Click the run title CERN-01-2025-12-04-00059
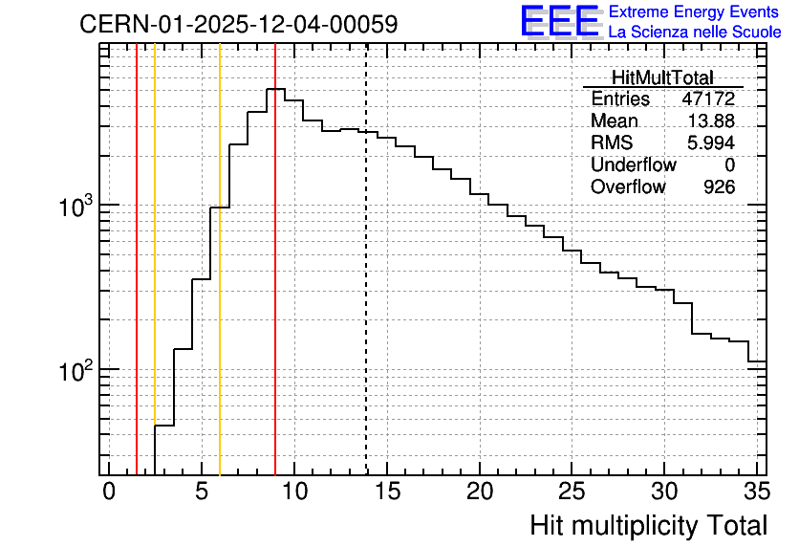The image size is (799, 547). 239,24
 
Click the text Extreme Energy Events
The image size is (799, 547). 694,11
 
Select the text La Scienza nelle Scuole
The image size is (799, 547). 695,32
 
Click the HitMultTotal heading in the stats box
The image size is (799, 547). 662,77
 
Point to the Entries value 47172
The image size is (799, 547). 708,98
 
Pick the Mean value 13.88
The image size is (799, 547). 711,120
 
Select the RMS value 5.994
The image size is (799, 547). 711,142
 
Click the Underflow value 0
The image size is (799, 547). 729,164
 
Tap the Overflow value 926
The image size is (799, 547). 719,186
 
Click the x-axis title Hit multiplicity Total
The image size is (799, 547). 648,526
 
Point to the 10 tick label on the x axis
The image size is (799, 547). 294,492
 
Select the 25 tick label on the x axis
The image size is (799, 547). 572,492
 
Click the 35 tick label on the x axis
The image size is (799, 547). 757,492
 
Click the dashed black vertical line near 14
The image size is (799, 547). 366,259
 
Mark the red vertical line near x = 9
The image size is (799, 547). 275,259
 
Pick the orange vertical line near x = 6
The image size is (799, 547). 220,259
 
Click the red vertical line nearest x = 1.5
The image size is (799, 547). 137,259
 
